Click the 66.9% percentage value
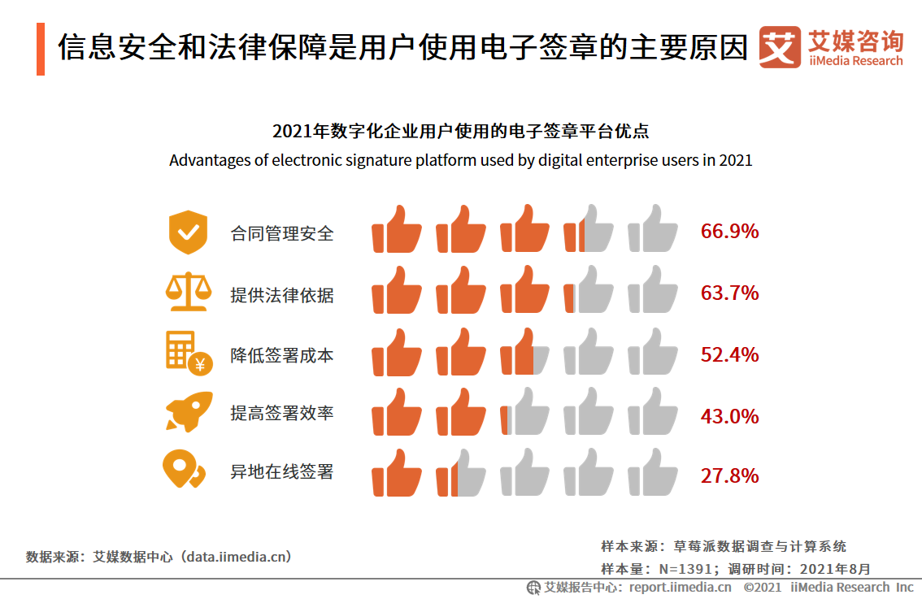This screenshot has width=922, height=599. click(729, 232)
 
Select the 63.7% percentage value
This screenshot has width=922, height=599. click(729, 293)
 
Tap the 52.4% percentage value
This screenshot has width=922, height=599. click(729, 355)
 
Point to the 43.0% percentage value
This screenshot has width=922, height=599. click(729, 416)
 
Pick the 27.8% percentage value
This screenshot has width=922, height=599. click(729, 475)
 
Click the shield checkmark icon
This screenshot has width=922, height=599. click(188, 232)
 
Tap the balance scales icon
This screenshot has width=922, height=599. click(188, 293)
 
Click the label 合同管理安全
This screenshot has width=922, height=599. click(282, 234)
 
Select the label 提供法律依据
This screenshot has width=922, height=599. click(282, 295)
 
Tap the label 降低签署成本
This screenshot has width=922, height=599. click(282, 356)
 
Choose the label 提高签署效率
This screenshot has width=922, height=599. click(282, 414)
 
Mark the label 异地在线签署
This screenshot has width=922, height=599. click(282, 472)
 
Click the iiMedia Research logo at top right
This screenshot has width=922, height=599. click(831, 48)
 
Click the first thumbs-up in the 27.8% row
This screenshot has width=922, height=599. click(397, 473)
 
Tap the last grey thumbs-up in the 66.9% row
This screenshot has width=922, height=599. click(653, 229)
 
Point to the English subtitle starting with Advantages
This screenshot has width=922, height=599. click(460, 160)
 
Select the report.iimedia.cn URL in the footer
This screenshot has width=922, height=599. click(680, 587)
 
